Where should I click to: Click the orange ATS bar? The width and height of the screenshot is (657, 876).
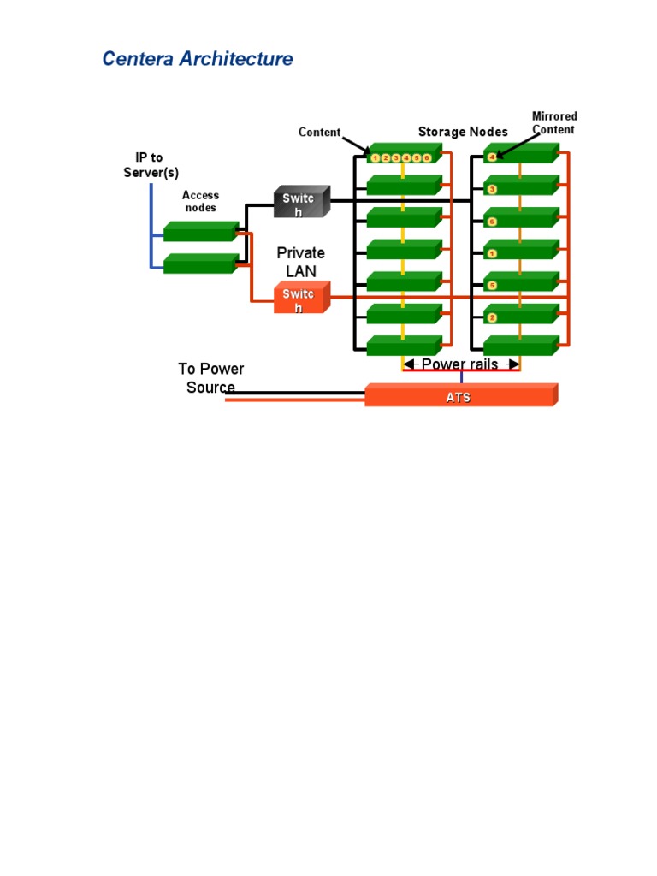tap(459, 397)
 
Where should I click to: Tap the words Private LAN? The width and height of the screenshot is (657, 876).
tap(300, 262)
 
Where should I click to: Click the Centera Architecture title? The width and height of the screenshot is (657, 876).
tap(198, 59)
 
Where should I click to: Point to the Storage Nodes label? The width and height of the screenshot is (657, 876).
tap(463, 132)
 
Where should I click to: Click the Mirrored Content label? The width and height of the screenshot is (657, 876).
tap(554, 122)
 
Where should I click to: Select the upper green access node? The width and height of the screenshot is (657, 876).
tap(199, 232)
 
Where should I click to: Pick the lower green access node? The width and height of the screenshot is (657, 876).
tap(199, 264)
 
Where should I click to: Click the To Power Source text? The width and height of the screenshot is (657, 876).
tap(210, 378)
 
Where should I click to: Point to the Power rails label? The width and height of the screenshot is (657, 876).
tap(460, 364)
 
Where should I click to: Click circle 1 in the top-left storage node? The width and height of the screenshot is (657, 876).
tap(376, 157)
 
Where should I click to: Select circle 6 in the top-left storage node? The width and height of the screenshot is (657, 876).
tap(426, 157)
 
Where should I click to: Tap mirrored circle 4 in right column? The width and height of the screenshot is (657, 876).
tap(492, 157)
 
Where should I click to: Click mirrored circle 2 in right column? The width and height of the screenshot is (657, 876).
tap(492, 318)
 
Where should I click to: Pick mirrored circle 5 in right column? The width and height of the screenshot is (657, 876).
tap(492, 286)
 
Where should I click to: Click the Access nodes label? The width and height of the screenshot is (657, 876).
tap(200, 201)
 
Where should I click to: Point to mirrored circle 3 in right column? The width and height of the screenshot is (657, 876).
tap(492, 189)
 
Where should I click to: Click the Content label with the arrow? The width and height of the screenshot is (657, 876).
tap(319, 133)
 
